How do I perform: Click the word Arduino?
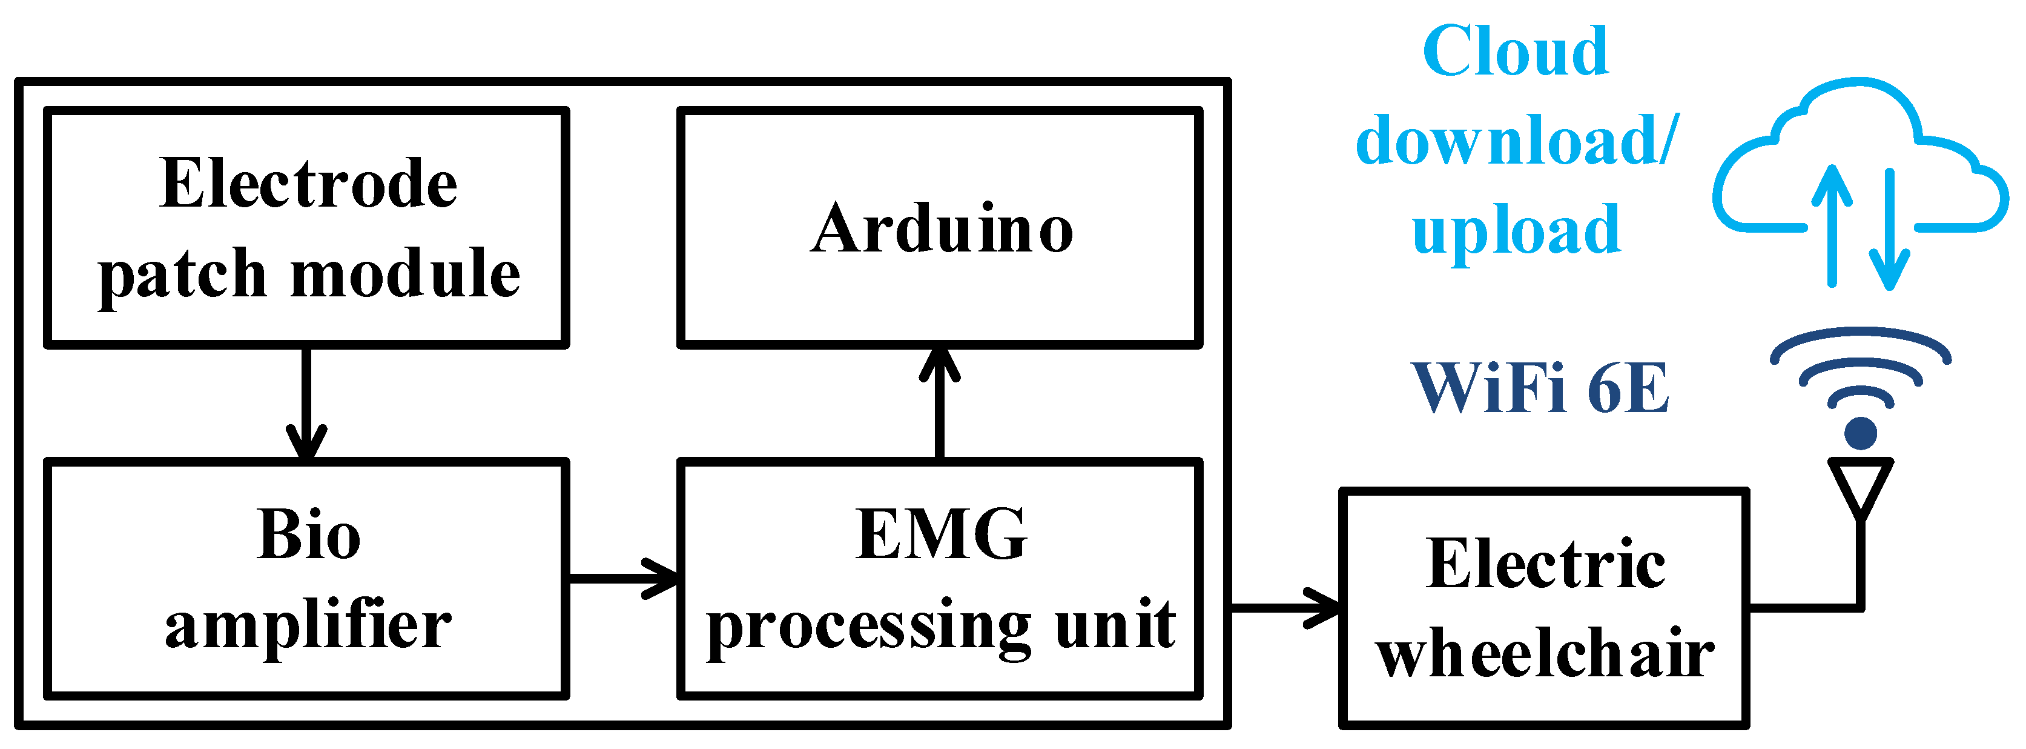(942, 229)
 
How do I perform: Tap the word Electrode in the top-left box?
(308, 184)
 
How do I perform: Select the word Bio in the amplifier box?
(308, 535)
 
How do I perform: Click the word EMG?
(942, 535)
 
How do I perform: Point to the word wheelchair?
(1545, 653)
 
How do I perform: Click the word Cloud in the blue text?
(1516, 51)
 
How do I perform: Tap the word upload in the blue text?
(1516, 230)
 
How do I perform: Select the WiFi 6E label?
(1539, 387)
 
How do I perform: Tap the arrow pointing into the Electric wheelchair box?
(1287, 607)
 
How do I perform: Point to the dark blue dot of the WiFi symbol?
(1861, 433)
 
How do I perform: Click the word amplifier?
(308, 625)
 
